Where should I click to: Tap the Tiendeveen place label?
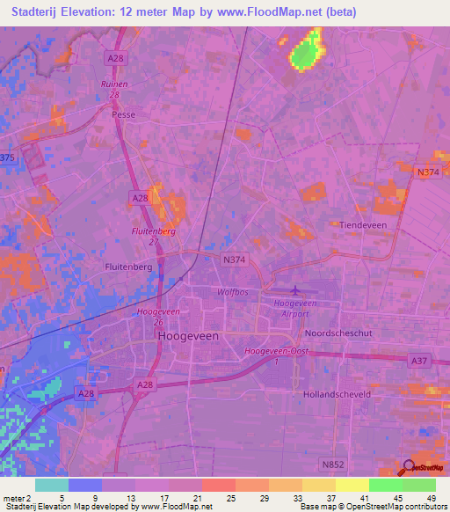tap(364, 225)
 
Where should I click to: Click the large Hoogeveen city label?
tap(186, 336)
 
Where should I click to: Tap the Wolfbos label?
tap(233, 291)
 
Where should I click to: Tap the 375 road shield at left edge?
tap(7, 157)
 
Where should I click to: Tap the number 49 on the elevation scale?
tap(432, 498)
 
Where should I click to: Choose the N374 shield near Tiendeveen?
tap(428, 172)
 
